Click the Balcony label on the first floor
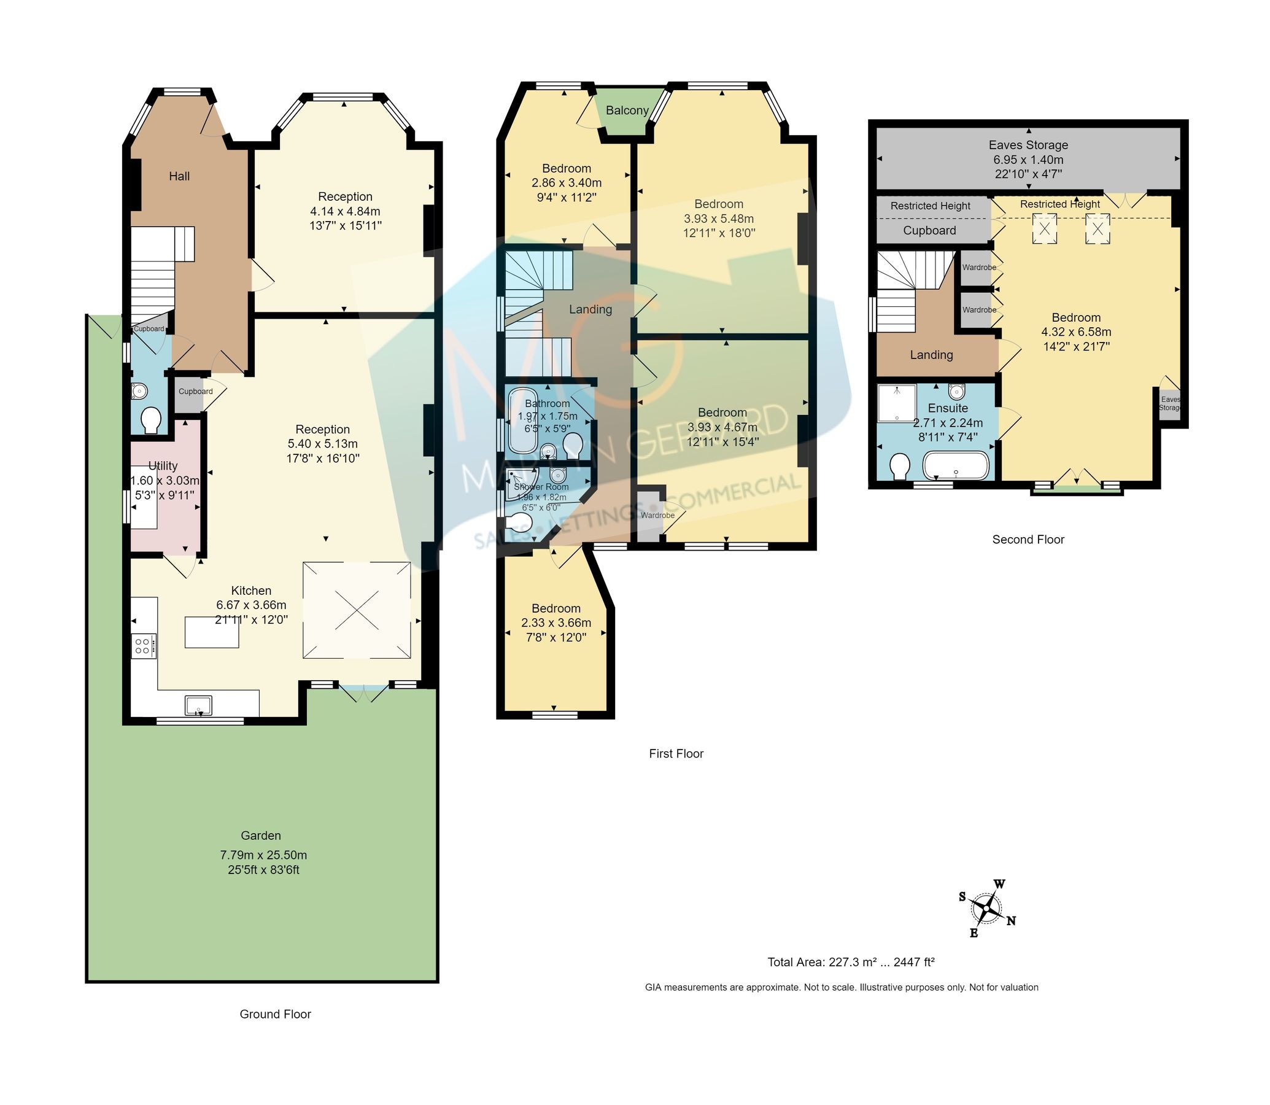(x=627, y=110)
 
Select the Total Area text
(x=851, y=962)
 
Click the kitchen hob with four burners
(x=143, y=646)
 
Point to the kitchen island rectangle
(x=211, y=632)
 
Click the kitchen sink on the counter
(x=198, y=704)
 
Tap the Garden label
(x=261, y=836)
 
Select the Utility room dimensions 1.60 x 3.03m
(x=165, y=480)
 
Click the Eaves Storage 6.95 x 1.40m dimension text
(x=1028, y=160)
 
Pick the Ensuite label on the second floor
(x=948, y=408)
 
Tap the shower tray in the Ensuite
(x=896, y=403)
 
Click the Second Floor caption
(x=1028, y=540)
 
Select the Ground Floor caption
(x=275, y=1014)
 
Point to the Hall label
(x=179, y=176)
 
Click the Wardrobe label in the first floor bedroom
(x=657, y=516)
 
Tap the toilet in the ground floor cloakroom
(x=150, y=422)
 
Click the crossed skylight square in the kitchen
(x=357, y=610)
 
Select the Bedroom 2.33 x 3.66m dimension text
(x=556, y=623)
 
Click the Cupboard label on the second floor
(x=929, y=231)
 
